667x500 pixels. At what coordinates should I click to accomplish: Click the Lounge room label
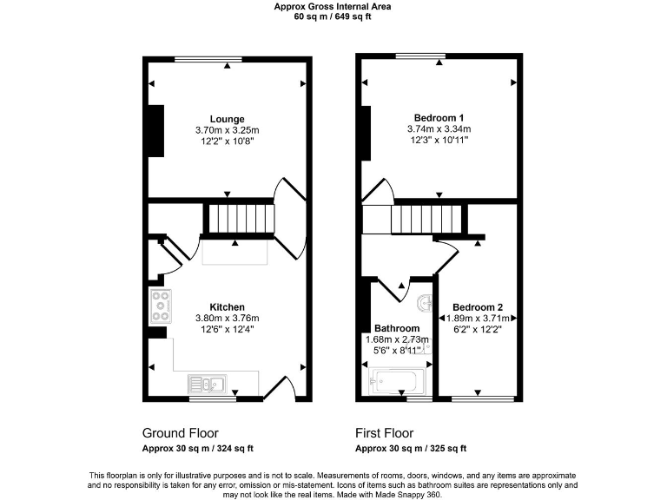[227, 119]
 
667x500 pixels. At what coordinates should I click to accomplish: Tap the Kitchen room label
[227, 306]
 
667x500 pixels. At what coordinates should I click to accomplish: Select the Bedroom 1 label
[439, 117]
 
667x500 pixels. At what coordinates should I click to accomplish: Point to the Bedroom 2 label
[477, 306]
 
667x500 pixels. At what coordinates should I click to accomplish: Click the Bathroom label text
[397, 328]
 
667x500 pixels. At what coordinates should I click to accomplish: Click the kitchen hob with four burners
[161, 303]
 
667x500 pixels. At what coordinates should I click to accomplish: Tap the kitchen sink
[207, 383]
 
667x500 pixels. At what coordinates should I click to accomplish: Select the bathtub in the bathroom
[397, 380]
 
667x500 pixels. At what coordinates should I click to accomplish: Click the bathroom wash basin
[424, 303]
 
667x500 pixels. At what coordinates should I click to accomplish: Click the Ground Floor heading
[180, 432]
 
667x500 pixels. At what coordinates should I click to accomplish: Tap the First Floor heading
[384, 432]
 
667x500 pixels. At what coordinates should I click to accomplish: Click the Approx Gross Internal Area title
[333, 6]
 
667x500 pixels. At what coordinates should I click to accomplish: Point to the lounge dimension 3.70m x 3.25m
[227, 130]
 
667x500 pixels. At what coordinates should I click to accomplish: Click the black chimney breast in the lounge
[156, 131]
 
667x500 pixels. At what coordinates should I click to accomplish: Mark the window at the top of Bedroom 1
[420, 57]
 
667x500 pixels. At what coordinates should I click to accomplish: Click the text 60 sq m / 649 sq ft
[333, 16]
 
